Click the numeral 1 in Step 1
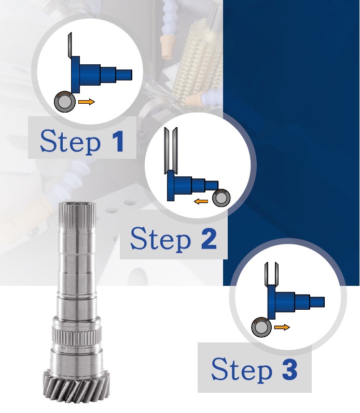(x=118, y=142)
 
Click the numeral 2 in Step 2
(x=209, y=239)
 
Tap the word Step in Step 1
(x=71, y=141)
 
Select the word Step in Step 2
(x=160, y=239)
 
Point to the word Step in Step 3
(x=242, y=369)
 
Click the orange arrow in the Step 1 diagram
(x=87, y=102)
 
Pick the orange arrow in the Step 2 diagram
(x=201, y=201)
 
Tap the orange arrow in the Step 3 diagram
(x=282, y=327)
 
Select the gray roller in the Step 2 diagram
(x=221, y=198)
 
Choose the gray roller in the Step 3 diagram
(x=261, y=327)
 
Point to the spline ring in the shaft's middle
(x=77, y=334)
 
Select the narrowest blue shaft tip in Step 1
(x=124, y=75)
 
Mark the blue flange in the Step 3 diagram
(x=271, y=302)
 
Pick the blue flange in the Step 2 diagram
(x=171, y=185)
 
